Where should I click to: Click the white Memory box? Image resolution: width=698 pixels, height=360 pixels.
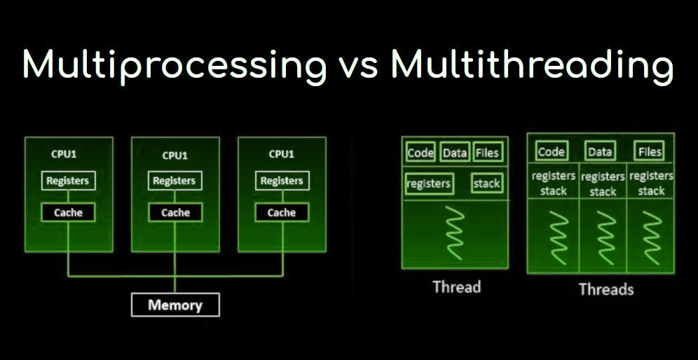pyautogui.click(x=175, y=305)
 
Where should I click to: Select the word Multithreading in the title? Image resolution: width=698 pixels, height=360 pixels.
pyautogui.click(x=532, y=65)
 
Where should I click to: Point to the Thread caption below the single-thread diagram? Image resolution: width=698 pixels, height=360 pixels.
pyautogui.click(x=456, y=286)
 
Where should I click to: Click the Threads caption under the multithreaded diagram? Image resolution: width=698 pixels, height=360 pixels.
pyautogui.click(x=605, y=289)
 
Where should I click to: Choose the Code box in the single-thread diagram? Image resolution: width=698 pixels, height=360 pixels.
pyautogui.click(x=420, y=153)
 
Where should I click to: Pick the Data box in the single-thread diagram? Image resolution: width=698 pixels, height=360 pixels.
pyautogui.click(x=455, y=153)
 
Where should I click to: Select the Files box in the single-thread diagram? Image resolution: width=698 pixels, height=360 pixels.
pyautogui.click(x=488, y=153)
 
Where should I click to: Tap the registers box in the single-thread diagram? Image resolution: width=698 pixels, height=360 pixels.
pyautogui.click(x=429, y=184)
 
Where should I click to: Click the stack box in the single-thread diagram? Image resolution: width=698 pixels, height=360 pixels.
pyautogui.click(x=487, y=184)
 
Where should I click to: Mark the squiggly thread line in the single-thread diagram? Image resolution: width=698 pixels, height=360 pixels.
pyautogui.click(x=456, y=233)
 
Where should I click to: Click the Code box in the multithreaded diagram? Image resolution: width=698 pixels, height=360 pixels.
pyautogui.click(x=551, y=151)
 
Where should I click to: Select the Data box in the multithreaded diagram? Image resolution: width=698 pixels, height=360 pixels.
pyautogui.click(x=600, y=151)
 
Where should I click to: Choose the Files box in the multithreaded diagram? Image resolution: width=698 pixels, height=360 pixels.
pyautogui.click(x=650, y=151)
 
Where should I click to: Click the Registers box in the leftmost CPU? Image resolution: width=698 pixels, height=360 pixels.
pyautogui.click(x=68, y=181)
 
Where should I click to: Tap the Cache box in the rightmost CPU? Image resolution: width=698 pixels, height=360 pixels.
pyautogui.click(x=282, y=212)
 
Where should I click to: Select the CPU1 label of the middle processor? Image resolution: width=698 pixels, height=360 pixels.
pyautogui.click(x=174, y=155)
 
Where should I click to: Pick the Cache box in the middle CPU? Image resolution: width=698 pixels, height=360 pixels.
pyautogui.click(x=175, y=212)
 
